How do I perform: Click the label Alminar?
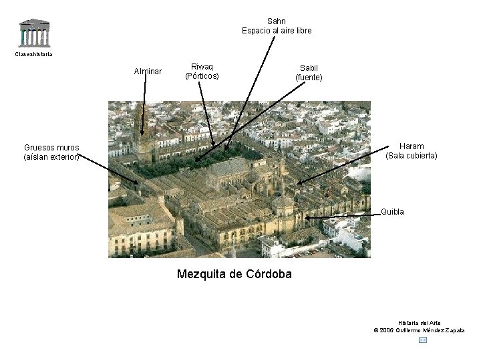pyautogui.click(x=148, y=71)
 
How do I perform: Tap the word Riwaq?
pyautogui.click(x=202, y=67)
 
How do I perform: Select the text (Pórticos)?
pyautogui.click(x=202, y=76)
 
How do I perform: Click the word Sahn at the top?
pyautogui.click(x=277, y=21)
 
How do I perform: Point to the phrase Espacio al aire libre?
pyautogui.click(x=277, y=31)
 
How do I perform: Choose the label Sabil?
pyautogui.click(x=309, y=68)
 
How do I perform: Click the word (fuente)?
pyautogui.click(x=309, y=78)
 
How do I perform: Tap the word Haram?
pyautogui.click(x=412, y=146)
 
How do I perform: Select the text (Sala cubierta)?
pyautogui.click(x=412, y=156)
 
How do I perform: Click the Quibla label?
pyautogui.click(x=392, y=212)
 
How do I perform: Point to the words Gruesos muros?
pyautogui.click(x=51, y=148)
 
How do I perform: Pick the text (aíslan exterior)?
pyautogui.click(x=51, y=157)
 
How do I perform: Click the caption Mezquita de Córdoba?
pyautogui.click(x=234, y=274)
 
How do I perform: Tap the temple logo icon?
pyautogui.click(x=34, y=33)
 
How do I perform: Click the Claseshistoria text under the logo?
pyautogui.click(x=33, y=54)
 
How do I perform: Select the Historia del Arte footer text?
pyautogui.click(x=419, y=323)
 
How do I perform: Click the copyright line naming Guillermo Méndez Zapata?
pyautogui.click(x=419, y=330)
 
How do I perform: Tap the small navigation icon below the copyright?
pyautogui.click(x=422, y=340)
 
